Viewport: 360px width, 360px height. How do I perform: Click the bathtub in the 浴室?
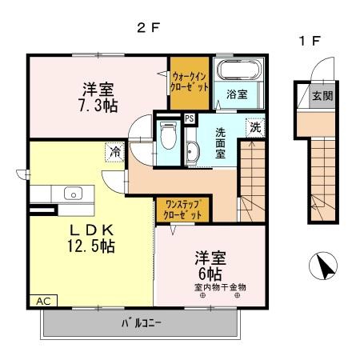(x=238, y=70)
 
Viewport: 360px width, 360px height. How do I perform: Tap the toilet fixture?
(x=169, y=135)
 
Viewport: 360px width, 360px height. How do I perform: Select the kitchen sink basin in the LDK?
(x=73, y=194)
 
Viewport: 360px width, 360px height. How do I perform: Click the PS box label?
(x=190, y=118)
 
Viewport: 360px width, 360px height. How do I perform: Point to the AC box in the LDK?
(x=43, y=301)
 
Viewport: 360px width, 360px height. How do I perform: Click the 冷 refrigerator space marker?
(x=115, y=152)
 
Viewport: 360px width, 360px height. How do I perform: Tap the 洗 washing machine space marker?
(x=255, y=128)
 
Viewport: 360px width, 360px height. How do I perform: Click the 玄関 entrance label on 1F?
(x=322, y=96)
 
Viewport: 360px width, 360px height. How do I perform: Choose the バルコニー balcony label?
(x=142, y=323)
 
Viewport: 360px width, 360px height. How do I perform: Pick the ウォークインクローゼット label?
(x=190, y=82)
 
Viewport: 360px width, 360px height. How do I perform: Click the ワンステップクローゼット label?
(x=182, y=210)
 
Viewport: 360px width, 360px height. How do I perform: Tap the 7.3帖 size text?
(x=98, y=106)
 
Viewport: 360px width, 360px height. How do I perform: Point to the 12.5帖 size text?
(x=91, y=246)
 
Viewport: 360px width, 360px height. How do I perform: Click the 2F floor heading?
(x=148, y=27)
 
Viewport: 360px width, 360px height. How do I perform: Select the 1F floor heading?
(x=310, y=41)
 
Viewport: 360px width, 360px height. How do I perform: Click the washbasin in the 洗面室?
(x=191, y=151)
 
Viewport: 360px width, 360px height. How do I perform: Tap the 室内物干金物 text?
(x=220, y=287)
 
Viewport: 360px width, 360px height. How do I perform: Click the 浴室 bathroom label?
(x=237, y=94)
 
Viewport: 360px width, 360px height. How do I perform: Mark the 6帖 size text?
(x=210, y=274)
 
